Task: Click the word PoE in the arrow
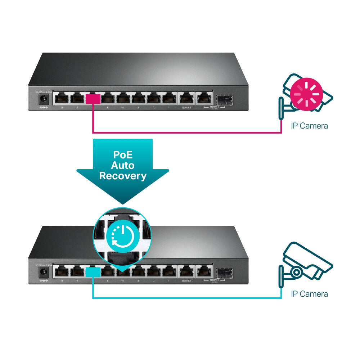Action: [122, 155]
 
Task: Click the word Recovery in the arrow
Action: [122, 176]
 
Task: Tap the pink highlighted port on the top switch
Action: [93, 98]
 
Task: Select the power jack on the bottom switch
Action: [44, 272]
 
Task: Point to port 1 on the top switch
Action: [169, 98]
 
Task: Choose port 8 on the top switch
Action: [62, 98]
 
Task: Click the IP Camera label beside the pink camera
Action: [309, 126]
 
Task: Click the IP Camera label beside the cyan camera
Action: [309, 294]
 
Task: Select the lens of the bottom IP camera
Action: [296, 271]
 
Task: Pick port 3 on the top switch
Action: [139, 98]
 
